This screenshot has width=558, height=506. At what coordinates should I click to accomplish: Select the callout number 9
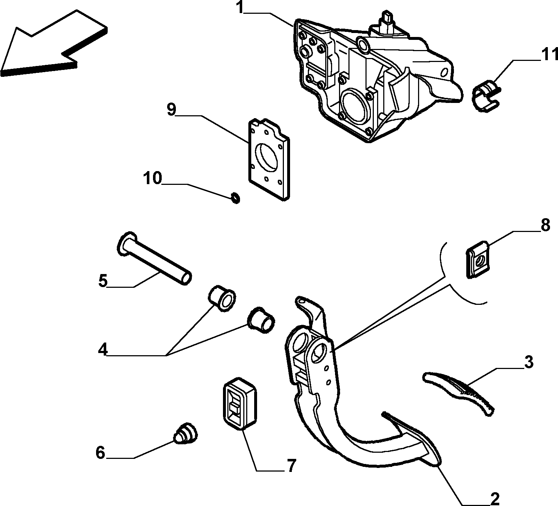171,109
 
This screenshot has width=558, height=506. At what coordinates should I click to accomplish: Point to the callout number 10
152,178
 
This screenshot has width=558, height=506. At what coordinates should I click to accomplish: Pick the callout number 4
103,350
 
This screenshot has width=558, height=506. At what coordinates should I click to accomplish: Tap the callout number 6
100,453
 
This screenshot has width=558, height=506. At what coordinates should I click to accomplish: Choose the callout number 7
292,465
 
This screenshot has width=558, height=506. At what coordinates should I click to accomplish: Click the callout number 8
545,225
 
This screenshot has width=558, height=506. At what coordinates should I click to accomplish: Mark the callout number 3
529,362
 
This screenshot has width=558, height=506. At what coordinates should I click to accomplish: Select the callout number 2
495,499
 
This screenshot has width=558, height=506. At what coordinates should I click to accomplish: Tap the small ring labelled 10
236,198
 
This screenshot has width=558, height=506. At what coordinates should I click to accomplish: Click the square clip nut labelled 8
478,260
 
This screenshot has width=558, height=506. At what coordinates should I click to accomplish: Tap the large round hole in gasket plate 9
268,158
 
